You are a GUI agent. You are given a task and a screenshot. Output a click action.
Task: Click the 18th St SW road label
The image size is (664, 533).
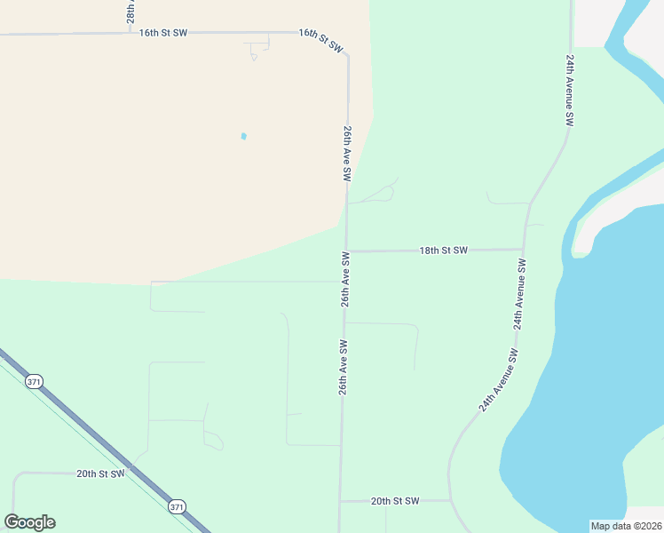[x=443, y=251]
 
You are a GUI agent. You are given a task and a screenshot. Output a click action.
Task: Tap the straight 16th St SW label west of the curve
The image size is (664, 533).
[x=163, y=33]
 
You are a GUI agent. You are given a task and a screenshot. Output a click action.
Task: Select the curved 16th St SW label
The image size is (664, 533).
[x=320, y=41]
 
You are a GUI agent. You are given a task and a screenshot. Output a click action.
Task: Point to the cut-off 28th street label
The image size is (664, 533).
[x=130, y=12]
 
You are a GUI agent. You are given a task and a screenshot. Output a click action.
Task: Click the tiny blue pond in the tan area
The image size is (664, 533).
[x=243, y=136]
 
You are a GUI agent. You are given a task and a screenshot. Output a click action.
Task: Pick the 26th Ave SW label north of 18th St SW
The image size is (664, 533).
[x=348, y=154]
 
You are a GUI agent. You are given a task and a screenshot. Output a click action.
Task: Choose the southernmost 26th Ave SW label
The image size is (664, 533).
[x=342, y=367]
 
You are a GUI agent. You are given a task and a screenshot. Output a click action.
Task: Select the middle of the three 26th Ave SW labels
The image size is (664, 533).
[x=345, y=279]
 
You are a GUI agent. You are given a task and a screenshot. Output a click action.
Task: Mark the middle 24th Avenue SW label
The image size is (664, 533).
[x=519, y=294]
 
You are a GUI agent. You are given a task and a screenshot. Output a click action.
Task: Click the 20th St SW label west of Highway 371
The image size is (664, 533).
[x=100, y=473]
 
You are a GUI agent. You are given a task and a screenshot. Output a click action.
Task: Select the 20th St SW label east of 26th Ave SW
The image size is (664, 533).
[x=395, y=501]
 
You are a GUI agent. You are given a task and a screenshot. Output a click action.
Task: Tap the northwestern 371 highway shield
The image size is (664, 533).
[x=34, y=381]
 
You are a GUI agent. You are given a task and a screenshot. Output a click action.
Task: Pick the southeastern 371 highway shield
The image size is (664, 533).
[x=177, y=506]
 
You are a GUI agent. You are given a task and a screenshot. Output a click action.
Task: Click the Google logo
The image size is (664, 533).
[x=30, y=522]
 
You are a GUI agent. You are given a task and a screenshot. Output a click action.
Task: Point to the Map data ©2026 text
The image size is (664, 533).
[x=626, y=526]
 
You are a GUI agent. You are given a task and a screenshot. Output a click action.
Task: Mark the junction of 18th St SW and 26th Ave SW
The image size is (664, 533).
[x=345, y=251]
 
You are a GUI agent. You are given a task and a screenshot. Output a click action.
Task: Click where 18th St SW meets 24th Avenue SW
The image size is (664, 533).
[x=525, y=250]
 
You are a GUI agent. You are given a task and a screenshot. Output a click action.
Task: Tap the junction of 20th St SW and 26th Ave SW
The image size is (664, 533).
[x=340, y=501]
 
